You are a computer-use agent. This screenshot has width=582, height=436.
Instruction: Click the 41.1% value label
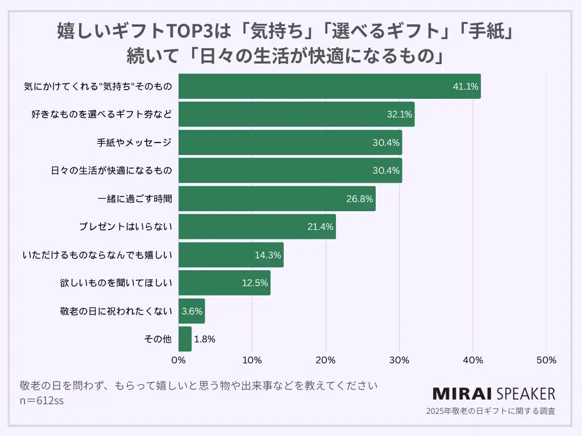tap(465, 87)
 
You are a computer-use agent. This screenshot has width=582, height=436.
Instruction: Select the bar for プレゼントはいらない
tap(257, 227)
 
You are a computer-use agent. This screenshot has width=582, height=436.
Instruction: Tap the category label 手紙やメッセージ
tap(134, 142)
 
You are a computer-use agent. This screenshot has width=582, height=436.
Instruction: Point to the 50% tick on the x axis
tap(546, 360)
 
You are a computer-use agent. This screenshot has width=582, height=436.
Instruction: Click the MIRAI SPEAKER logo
tap(494, 393)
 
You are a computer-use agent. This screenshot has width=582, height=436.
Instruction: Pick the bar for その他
tap(185, 339)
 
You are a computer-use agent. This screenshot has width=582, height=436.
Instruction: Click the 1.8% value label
tap(204, 339)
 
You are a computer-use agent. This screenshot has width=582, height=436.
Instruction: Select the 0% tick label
tap(178, 360)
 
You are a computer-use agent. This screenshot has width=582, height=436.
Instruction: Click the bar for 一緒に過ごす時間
tap(277, 199)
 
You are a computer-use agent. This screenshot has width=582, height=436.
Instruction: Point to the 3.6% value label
tap(192, 311)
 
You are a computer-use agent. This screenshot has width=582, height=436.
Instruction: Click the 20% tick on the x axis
tap(326, 360)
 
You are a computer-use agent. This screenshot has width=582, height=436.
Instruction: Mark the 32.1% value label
tap(399, 115)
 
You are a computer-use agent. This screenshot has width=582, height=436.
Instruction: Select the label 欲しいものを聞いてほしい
tap(115, 283)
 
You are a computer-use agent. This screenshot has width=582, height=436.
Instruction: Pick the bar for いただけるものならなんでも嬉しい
tap(231, 255)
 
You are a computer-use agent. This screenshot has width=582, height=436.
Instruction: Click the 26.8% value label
tap(360, 199)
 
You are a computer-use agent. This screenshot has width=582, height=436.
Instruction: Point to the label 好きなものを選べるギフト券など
tap(101, 115)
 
